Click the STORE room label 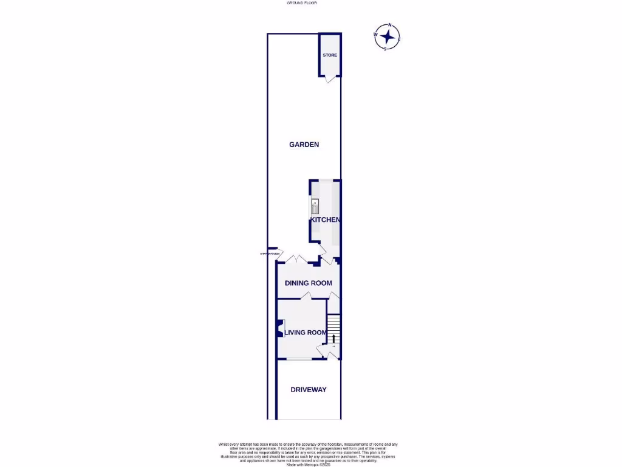(330, 55)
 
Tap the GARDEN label (304, 145)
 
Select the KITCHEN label (325, 220)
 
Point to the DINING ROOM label (309, 283)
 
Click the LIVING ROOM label (306, 333)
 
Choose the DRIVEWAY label (309, 390)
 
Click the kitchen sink (315, 206)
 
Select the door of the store (329, 79)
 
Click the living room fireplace (280, 329)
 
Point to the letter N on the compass (390, 26)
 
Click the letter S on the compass (385, 49)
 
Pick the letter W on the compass (375, 35)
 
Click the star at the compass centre (387, 37)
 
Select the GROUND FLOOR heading (301, 3)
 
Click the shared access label (270, 254)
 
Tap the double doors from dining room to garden (295, 260)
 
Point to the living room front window (298, 359)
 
